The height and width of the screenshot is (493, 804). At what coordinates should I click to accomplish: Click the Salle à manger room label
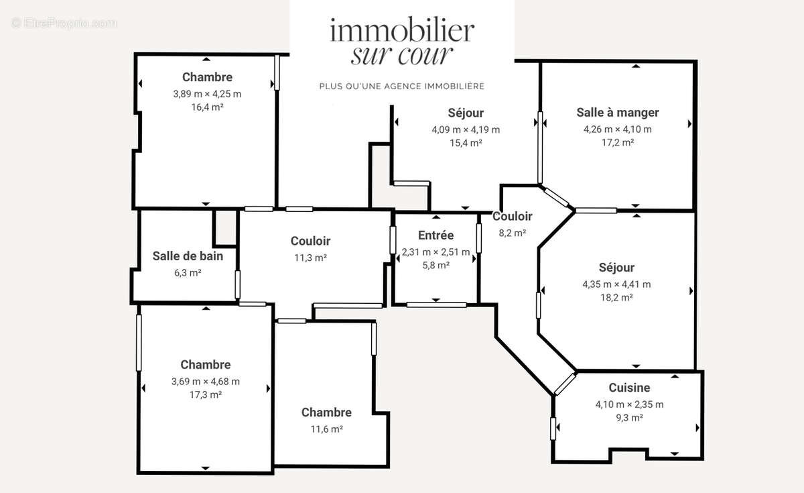(x=618, y=113)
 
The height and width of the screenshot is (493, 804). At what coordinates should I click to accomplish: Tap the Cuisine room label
(x=629, y=388)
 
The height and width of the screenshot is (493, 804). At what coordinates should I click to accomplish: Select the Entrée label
(x=435, y=235)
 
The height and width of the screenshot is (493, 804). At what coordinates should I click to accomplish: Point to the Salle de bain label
(x=188, y=256)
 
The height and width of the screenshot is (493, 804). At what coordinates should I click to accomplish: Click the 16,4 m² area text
(x=207, y=107)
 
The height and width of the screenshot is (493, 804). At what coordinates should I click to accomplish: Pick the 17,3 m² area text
(x=206, y=394)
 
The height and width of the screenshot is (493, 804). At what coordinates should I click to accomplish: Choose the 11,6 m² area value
(x=326, y=429)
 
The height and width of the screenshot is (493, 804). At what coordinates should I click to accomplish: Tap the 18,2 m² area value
(x=616, y=297)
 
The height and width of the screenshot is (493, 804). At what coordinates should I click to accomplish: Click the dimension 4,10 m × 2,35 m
(x=629, y=404)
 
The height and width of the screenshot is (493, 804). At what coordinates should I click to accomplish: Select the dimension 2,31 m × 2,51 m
(x=435, y=252)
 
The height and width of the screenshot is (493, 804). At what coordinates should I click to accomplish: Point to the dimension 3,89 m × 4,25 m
(x=207, y=94)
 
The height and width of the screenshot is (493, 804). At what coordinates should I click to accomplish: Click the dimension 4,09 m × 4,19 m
(x=466, y=129)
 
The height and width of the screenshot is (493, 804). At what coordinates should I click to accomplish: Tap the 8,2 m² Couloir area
(x=513, y=233)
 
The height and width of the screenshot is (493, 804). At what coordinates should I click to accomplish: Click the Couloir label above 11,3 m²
(x=310, y=241)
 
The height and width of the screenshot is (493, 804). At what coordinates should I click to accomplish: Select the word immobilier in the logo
(x=402, y=30)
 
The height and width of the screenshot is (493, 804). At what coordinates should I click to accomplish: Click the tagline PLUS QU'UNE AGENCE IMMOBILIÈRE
(x=402, y=87)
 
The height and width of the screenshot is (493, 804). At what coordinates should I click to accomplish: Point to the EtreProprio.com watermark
(x=64, y=23)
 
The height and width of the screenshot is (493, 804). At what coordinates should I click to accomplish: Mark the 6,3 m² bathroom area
(x=188, y=272)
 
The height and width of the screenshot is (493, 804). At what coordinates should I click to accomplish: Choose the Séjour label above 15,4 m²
(x=466, y=113)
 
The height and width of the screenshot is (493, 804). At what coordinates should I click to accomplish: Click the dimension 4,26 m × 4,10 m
(x=618, y=129)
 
